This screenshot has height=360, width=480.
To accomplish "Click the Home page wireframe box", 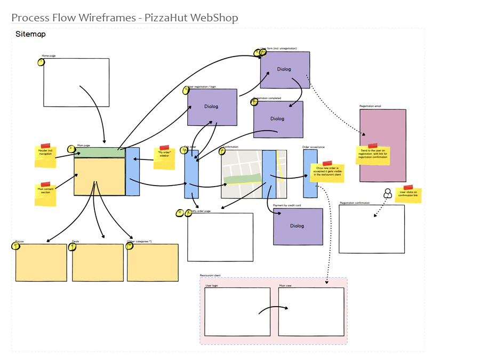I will click(x=76, y=83).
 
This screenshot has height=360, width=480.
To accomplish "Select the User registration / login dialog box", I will click(x=212, y=107).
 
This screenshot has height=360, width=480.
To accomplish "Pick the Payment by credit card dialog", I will click(x=298, y=227).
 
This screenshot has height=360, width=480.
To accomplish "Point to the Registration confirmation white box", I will click(x=372, y=229).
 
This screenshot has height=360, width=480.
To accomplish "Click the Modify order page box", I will click(x=220, y=237).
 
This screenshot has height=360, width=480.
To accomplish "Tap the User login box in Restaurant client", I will click(x=237, y=311).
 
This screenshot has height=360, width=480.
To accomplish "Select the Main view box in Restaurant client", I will click(x=311, y=311).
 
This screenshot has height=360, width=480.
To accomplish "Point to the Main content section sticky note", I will click(x=45, y=195).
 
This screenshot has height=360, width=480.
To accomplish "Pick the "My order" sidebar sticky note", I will click(x=164, y=158).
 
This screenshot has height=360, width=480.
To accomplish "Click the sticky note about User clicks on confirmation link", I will click(x=409, y=195).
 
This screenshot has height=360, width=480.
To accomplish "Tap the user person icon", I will click(x=388, y=193).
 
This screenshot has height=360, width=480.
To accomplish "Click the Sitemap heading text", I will click(x=30, y=34).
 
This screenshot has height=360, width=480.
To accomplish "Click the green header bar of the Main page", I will click(x=100, y=153).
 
